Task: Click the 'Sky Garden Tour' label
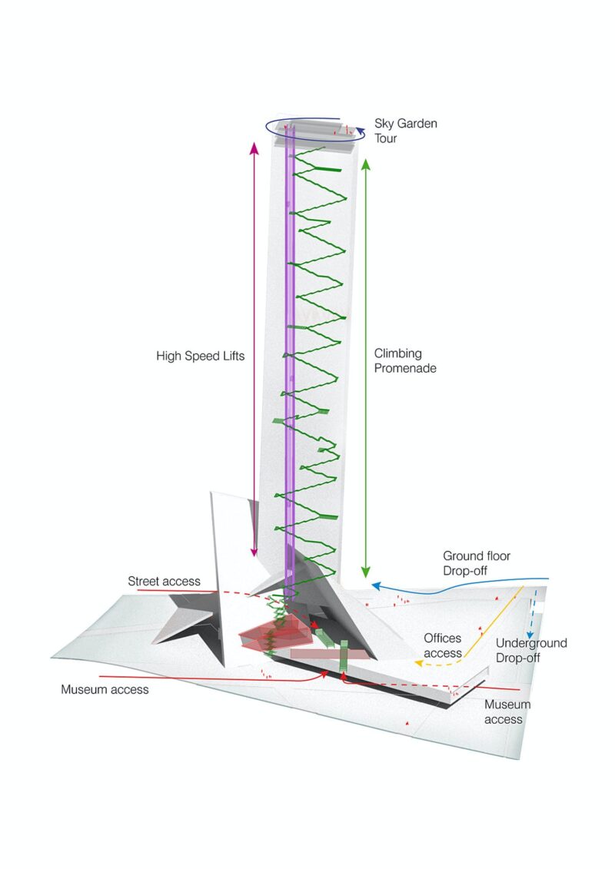(405, 131)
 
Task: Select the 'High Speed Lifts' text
(200, 357)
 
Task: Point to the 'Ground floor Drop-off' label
(477, 563)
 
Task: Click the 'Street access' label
(164, 582)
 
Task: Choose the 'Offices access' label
(443, 645)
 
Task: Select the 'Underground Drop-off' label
(531, 650)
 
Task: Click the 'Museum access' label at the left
(105, 689)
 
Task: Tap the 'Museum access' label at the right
(507, 711)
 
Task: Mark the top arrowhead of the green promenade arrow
(366, 163)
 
